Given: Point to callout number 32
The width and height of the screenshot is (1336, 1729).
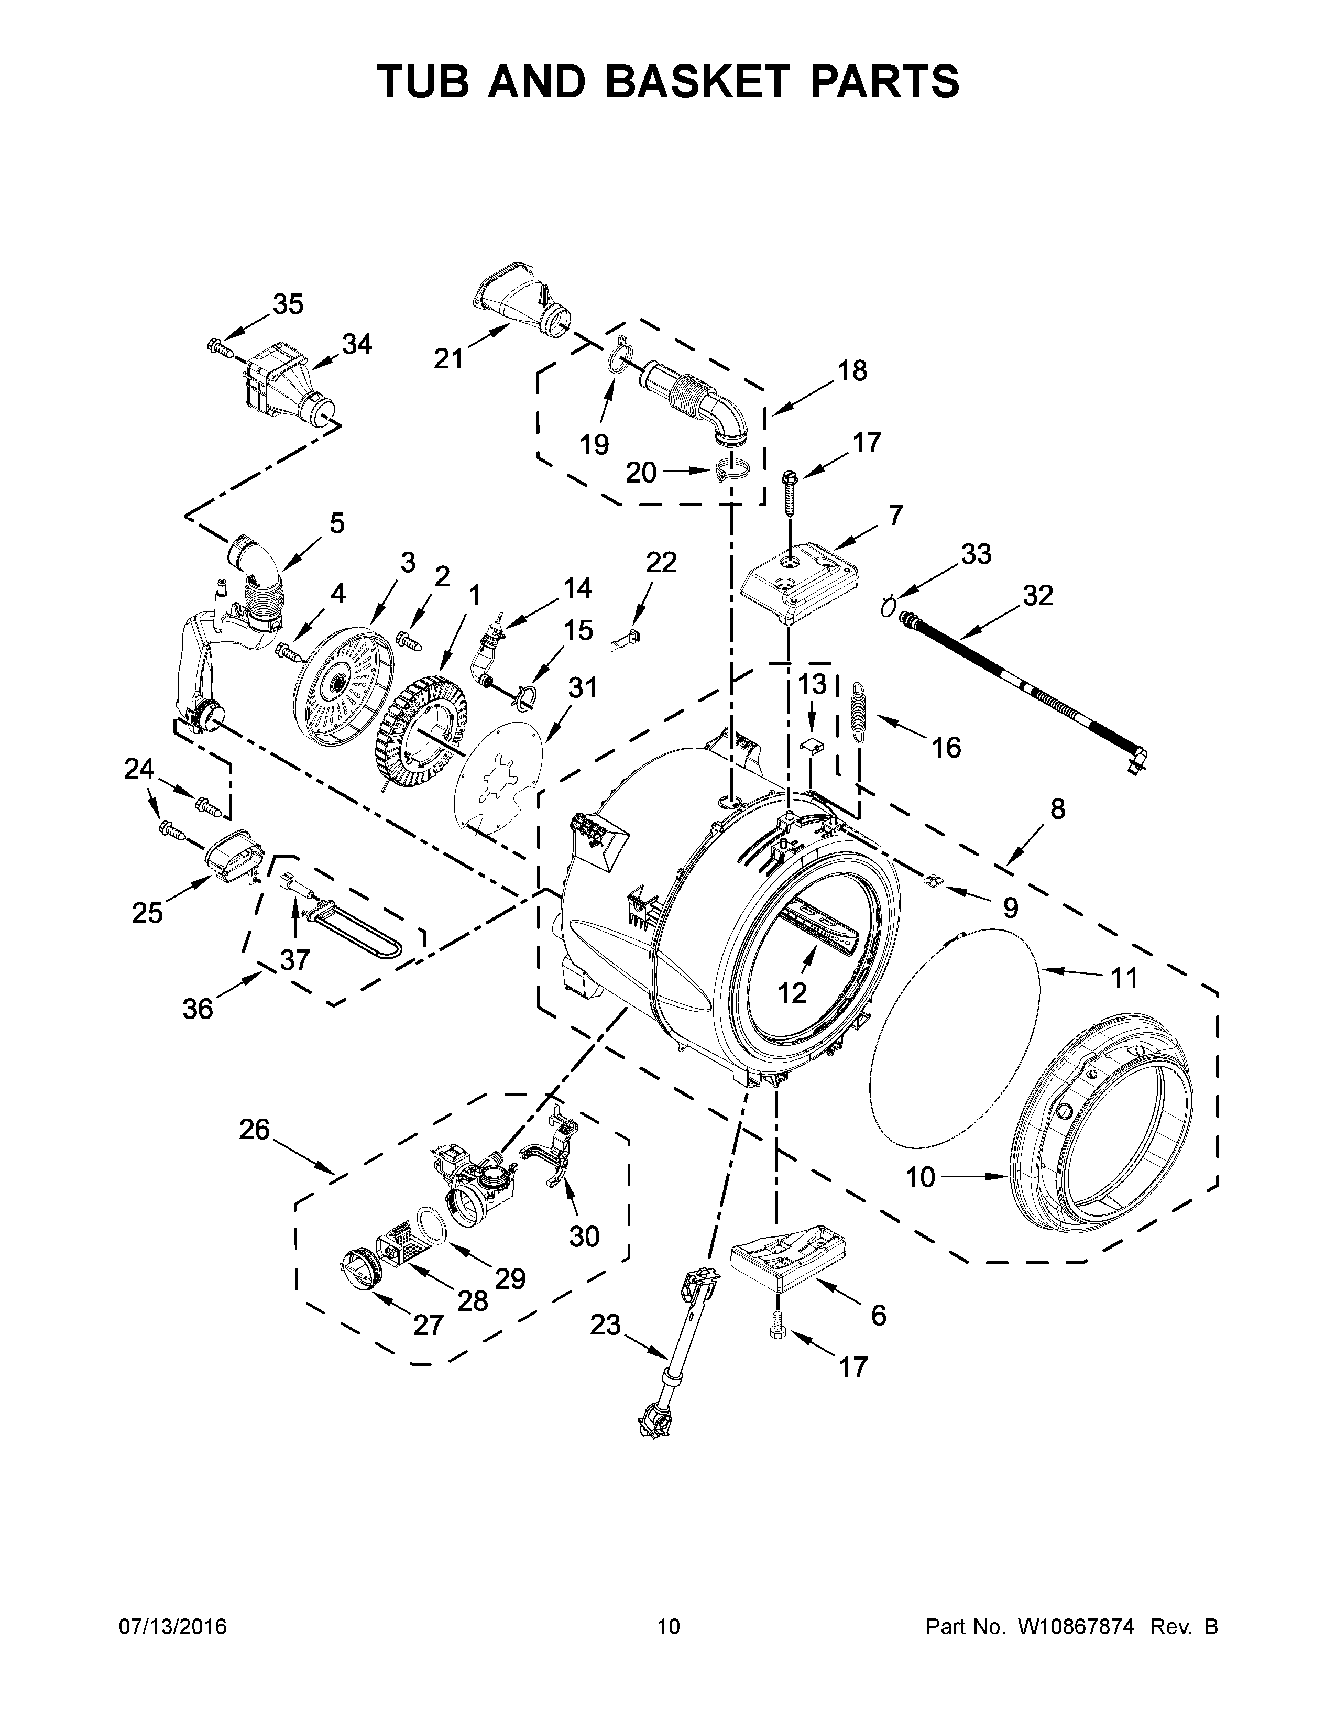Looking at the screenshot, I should [1037, 595].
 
